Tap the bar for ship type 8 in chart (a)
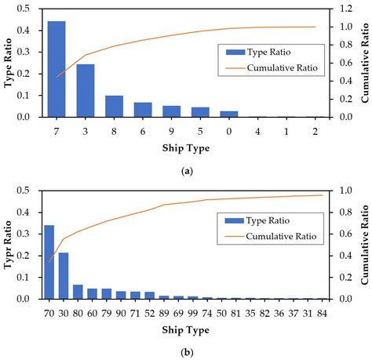pyautogui.click(x=115, y=107)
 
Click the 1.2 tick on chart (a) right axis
pyautogui.click(x=343, y=9)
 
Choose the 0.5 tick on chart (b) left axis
pyautogui.click(x=27, y=191)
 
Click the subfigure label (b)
pyautogui.click(x=186, y=352)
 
